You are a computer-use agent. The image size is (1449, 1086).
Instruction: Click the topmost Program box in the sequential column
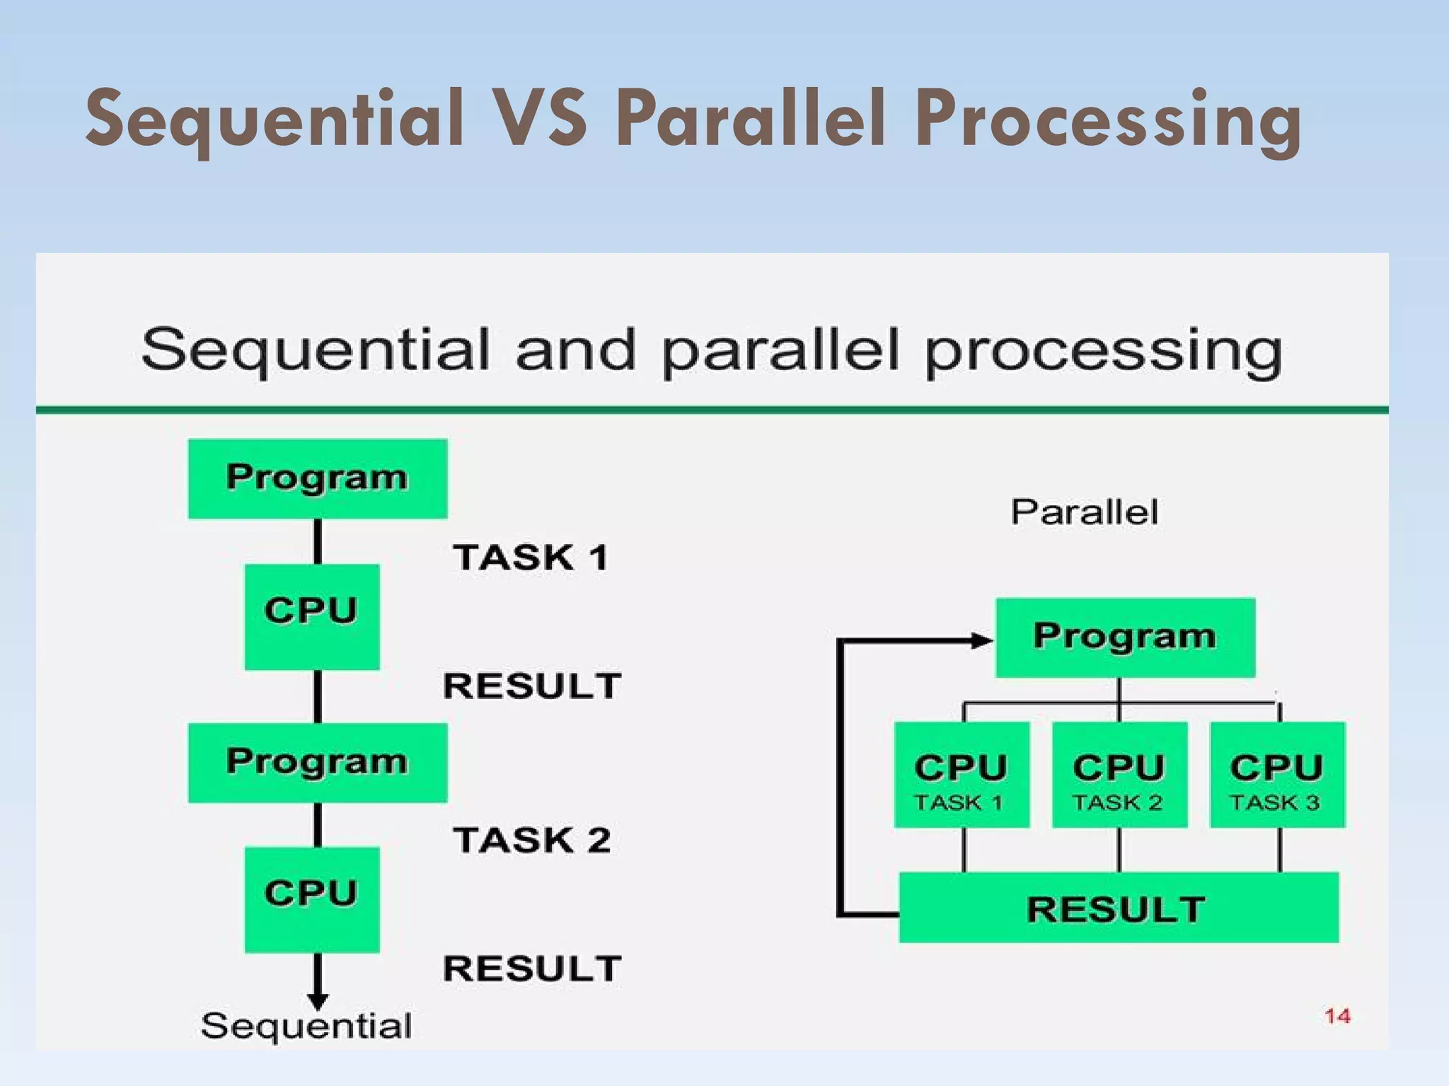click(317, 478)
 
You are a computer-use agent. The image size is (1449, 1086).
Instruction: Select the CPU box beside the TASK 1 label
click(311, 616)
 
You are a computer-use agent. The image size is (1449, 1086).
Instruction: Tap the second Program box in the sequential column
click(317, 762)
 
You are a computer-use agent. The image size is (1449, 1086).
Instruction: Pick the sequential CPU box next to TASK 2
click(311, 899)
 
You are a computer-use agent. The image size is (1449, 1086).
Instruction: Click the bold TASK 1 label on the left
click(531, 558)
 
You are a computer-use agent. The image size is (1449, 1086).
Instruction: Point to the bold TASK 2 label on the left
click(531, 841)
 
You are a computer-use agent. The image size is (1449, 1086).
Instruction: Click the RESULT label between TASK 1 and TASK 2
click(532, 686)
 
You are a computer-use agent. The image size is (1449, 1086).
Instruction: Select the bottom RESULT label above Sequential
click(532, 969)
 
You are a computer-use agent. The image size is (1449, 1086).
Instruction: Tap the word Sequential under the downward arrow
click(306, 1026)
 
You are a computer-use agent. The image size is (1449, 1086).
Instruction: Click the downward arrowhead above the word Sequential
click(318, 1000)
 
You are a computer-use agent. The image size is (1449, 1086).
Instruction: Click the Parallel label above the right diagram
click(1084, 512)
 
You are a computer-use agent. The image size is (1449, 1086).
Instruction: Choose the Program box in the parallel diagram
click(1125, 637)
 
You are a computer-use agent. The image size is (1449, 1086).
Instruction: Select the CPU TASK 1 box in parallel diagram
click(961, 774)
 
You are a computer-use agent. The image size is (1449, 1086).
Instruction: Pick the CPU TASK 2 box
click(1119, 774)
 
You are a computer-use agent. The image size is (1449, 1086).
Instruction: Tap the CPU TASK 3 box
click(1277, 774)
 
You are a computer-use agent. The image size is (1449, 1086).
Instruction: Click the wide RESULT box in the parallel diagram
click(1118, 908)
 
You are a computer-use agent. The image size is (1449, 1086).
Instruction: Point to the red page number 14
click(1337, 1016)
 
